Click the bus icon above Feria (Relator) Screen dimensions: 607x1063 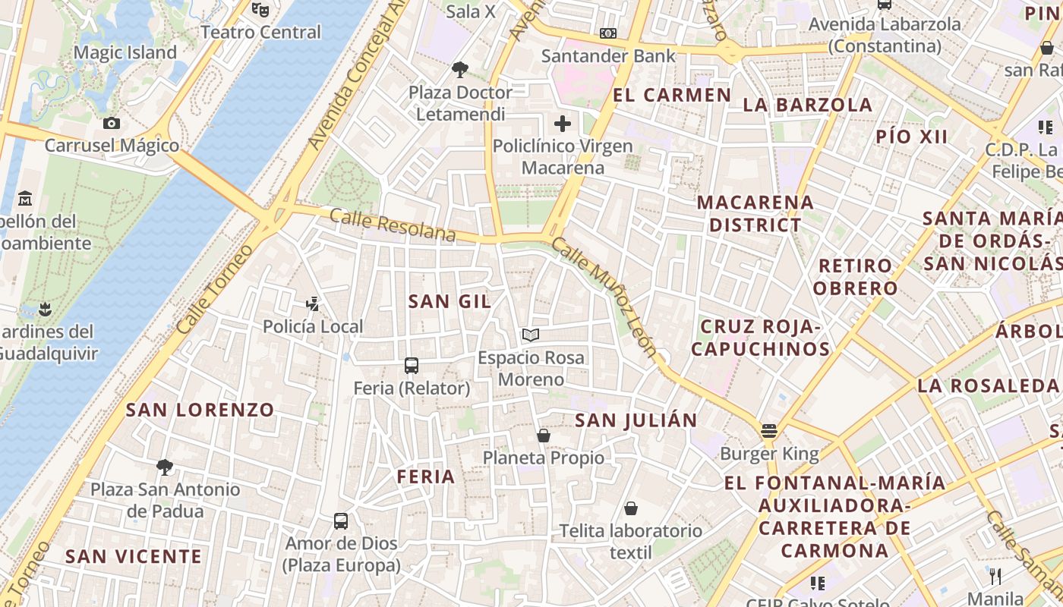(x=412, y=366)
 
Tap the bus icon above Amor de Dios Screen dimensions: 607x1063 (x=341, y=521)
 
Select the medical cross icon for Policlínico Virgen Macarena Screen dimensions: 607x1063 (x=563, y=123)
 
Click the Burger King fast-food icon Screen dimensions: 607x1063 (x=769, y=432)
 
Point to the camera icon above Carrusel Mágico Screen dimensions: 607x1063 (x=112, y=123)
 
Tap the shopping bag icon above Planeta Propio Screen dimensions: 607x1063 (x=544, y=436)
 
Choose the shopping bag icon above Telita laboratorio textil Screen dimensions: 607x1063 (x=630, y=508)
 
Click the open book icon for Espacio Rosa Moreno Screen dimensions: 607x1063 (x=531, y=335)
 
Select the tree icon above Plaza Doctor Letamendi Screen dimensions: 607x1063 (x=459, y=70)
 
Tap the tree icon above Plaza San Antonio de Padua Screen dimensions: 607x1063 (x=165, y=467)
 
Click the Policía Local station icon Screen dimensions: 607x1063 (x=312, y=304)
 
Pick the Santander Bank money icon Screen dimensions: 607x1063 (x=608, y=33)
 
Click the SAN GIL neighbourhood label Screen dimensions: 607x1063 (x=449, y=301)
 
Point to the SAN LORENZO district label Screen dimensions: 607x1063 (x=200, y=410)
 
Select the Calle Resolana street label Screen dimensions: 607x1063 (x=393, y=226)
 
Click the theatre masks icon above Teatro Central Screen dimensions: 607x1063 (x=260, y=10)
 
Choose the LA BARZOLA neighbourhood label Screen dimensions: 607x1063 (x=808, y=105)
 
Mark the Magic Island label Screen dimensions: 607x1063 (x=125, y=52)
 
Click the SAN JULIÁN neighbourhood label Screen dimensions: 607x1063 (x=636, y=420)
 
